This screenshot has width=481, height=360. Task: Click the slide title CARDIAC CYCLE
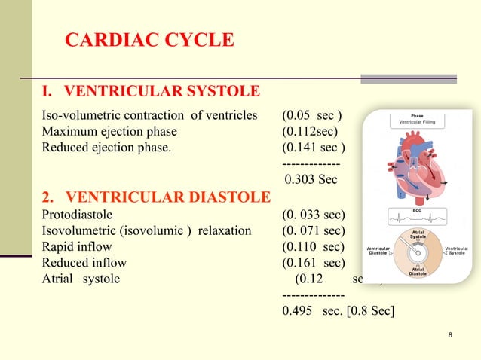149,40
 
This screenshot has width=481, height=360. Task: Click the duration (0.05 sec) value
312,115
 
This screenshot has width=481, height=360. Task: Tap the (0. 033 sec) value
314,214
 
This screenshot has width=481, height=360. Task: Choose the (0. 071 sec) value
314,230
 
